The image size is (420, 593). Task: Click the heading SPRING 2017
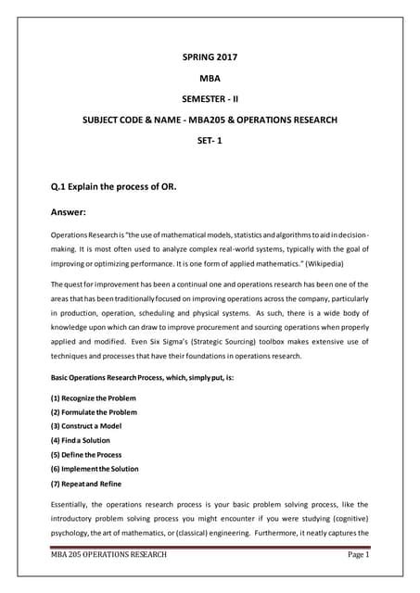210,57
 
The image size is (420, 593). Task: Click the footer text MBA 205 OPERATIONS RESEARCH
108,555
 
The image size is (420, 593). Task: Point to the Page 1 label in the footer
354,555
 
